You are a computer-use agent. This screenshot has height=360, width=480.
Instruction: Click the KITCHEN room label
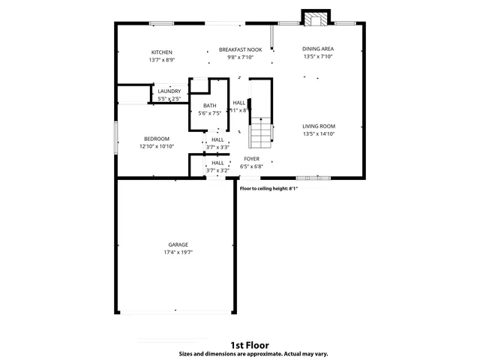pyautogui.click(x=162, y=52)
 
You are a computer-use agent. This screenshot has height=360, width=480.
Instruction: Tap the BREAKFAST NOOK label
pyautogui.click(x=235, y=49)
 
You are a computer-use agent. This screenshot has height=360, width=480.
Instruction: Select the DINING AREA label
pyautogui.click(x=318, y=49)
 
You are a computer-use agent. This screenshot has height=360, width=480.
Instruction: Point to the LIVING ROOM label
pyautogui.click(x=319, y=126)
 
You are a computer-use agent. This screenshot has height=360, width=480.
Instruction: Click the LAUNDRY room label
pyautogui.click(x=169, y=91)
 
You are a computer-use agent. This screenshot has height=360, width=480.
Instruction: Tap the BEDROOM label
pyautogui.click(x=157, y=139)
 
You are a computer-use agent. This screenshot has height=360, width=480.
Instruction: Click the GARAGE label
pyautogui.click(x=178, y=244)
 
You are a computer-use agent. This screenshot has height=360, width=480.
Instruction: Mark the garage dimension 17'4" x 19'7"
pyautogui.click(x=178, y=253)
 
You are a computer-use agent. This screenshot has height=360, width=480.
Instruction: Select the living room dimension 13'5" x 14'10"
pyautogui.click(x=319, y=133)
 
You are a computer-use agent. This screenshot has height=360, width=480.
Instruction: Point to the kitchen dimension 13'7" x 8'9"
pyautogui.click(x=162, y=59)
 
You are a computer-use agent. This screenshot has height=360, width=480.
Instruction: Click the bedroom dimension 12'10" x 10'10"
pyautogui.click(x=157, y=146)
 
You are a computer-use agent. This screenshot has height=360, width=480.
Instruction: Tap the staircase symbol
pyautogui.click(x=259, y=134)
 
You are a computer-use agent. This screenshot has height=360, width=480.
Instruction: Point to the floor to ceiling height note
pyautogui.click(x=268, y=188)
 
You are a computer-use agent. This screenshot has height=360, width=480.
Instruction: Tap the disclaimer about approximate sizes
pyautogui.click(x=253, y=353)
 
